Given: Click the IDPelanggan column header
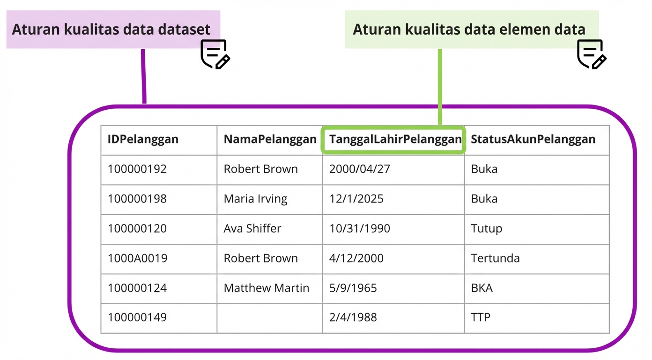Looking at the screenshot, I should [143, 139].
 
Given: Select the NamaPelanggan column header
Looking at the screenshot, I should [270, 139].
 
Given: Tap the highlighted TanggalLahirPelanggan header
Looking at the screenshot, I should [395, 139].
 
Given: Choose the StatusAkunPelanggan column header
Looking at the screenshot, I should [533, 139].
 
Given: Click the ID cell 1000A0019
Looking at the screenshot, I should [137, 258].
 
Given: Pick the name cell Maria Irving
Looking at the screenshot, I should [255, 199].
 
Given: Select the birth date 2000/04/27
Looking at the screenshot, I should [359, 169].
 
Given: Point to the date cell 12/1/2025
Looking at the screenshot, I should [356, 199].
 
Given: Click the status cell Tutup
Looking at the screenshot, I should [486, 229].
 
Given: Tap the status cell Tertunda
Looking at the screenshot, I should [495, 258].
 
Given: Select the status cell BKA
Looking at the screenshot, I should [482, 288].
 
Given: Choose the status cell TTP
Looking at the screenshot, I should [481, 317].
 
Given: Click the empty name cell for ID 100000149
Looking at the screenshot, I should [269, 317].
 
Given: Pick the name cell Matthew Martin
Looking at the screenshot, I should [266, 288].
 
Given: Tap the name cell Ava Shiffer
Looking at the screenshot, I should [252, 229].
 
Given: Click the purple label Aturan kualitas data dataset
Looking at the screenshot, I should [111, 30].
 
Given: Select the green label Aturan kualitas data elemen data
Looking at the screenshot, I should [469, 30].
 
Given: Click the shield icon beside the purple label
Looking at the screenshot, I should [215, 54].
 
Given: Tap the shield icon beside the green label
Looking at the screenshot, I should [591, 54].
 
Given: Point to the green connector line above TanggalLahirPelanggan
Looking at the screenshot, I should [440, 87].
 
